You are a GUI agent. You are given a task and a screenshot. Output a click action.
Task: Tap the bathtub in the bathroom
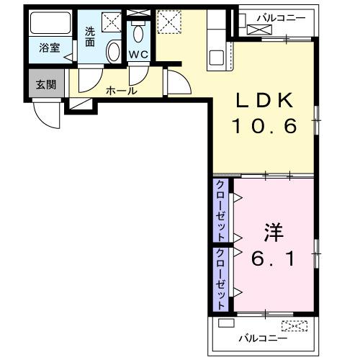[50, 25]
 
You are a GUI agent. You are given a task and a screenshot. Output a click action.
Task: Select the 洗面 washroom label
[90, 37]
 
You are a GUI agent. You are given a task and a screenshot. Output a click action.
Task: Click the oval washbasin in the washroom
[114, 50]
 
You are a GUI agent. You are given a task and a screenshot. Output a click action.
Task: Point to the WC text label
[138, 55]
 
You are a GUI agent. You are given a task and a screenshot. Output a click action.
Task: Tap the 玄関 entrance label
[45, 84]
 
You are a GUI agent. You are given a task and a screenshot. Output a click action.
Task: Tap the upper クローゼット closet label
[221, 210]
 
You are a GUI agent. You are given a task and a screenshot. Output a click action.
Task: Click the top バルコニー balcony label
[282, 17]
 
